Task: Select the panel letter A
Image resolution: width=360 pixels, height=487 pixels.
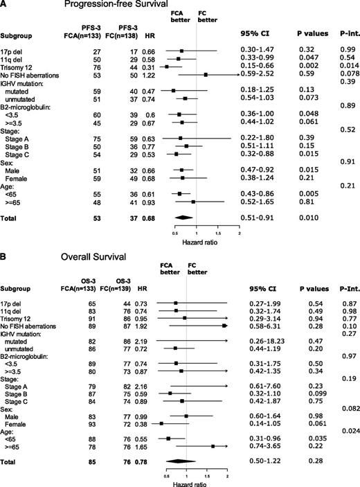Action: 5,6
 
